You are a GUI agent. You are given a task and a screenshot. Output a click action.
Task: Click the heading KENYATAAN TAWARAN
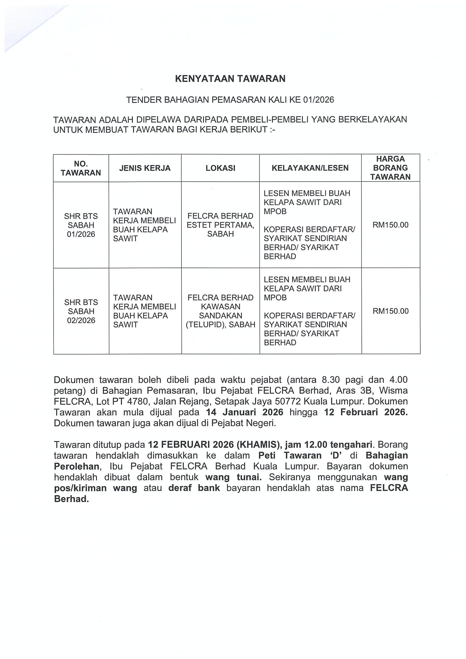(230, 79)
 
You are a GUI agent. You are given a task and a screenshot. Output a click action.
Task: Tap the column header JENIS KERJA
(145, 168)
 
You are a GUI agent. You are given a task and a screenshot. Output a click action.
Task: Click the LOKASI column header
(220, 168)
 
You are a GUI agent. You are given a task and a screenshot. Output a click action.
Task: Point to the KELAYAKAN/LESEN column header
(310, 168)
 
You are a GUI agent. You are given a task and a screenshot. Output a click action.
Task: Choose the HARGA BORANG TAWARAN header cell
(390, 168)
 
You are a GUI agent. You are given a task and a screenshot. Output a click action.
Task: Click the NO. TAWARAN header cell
(81, 168)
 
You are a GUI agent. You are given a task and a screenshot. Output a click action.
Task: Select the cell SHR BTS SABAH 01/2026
(81, 225)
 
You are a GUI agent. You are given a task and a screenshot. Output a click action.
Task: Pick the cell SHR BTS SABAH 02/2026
(81, 311)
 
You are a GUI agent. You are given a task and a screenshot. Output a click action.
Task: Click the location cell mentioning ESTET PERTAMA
(220, 225)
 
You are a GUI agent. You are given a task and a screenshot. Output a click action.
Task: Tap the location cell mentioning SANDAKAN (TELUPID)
(220, 311)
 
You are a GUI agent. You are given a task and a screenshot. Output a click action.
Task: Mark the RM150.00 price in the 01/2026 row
(390, 225)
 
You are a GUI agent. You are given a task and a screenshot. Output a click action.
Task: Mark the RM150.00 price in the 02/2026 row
(390, 311)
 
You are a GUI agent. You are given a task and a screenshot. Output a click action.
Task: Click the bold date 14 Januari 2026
(244, 413)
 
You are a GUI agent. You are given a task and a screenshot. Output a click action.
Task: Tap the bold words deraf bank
(194, 488)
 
